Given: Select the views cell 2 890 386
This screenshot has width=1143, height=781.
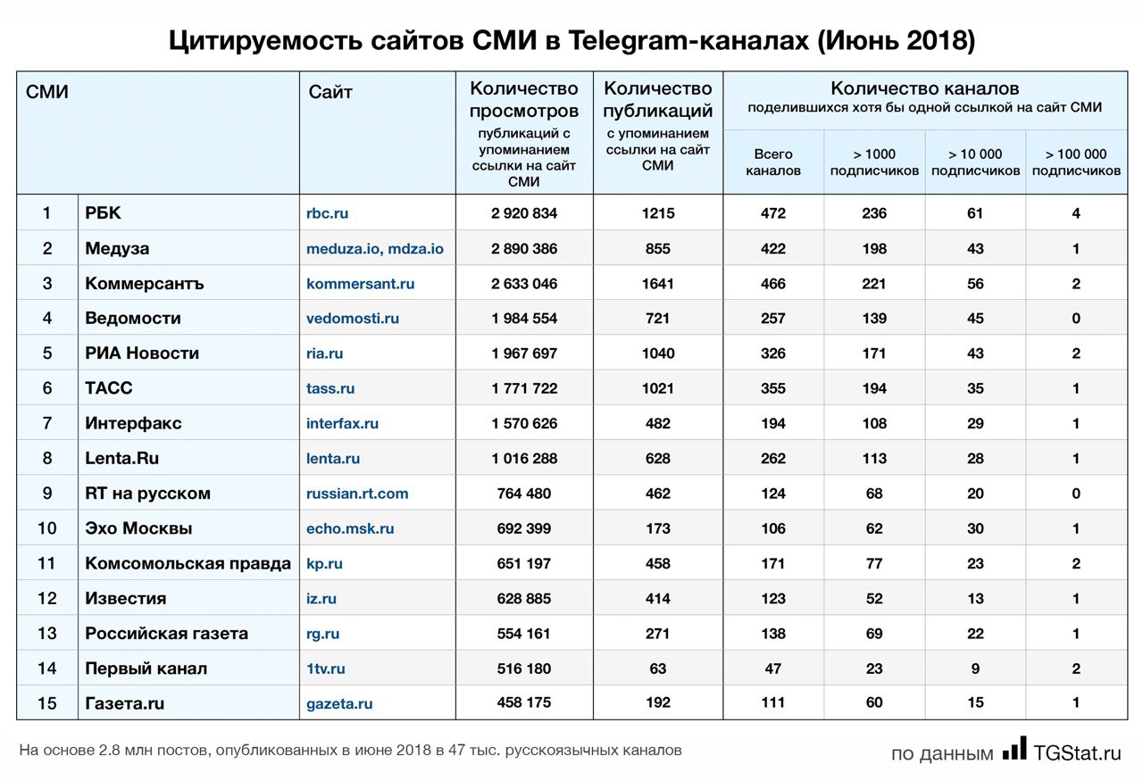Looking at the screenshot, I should click(524, 249).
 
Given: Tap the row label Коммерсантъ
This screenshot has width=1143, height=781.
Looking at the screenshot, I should click(145, 284).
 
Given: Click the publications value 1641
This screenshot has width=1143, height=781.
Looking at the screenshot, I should click(658, 284).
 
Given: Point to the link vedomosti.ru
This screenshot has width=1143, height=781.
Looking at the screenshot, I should click(353, 319).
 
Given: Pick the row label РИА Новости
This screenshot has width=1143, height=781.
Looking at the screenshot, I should click(142, 353).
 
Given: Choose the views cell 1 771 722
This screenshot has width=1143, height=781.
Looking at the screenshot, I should click(524, 388).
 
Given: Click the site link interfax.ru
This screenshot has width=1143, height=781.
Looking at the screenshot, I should click(342, 423).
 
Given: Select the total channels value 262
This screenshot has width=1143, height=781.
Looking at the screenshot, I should click(773, 459).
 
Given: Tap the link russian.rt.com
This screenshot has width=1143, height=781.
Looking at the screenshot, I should click(357, 494).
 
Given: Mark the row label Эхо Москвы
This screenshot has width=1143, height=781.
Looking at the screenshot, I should click(138, 528).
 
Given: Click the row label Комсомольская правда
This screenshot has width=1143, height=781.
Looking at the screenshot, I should click(188, 563).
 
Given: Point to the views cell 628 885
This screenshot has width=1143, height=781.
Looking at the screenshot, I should click(524, 598).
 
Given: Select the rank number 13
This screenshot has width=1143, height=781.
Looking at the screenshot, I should click(46, 634).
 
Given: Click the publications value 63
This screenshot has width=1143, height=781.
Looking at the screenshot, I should click(658, 669).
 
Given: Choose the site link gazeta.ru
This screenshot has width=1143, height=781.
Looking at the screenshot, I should click(339, 704).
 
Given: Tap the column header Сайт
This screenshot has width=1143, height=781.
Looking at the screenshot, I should click(330, 92).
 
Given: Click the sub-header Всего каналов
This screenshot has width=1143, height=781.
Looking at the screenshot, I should click(773, 162).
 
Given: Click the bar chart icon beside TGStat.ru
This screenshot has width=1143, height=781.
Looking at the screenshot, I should click(1014, 749).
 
